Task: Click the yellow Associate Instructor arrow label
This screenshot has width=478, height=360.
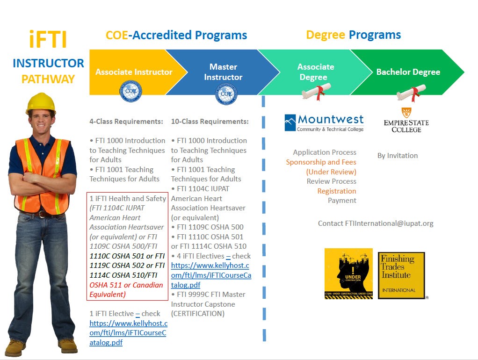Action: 134,72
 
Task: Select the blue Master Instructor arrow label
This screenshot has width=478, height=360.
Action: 223,72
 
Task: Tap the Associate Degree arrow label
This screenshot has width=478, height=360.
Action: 315,72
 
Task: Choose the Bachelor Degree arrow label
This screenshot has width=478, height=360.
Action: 408,72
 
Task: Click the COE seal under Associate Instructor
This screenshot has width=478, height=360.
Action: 131,92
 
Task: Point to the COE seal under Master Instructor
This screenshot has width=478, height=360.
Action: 226,94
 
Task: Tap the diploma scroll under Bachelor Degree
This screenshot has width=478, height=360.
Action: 411,92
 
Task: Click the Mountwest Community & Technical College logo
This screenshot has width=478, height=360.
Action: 324,123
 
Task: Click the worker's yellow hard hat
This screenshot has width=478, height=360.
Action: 41,103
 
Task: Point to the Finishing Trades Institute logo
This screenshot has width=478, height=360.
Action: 401,275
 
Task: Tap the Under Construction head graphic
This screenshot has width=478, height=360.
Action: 348,274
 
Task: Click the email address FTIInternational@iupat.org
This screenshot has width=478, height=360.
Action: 376,223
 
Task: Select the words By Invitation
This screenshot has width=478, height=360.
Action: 398,156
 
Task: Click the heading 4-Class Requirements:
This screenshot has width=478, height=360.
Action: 126,122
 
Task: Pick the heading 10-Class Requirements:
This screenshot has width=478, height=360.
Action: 210,122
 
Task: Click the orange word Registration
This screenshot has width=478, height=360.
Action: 337,191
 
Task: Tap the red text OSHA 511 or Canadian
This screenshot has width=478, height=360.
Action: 126,285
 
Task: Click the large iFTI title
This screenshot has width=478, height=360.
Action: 48,40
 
